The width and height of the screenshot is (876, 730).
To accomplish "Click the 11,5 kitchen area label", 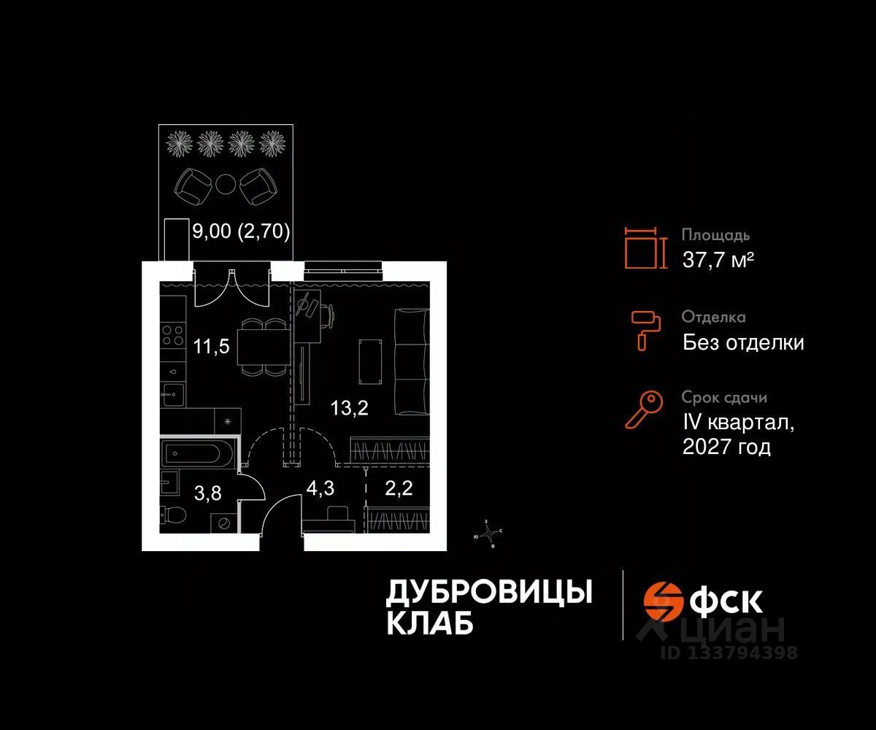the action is coord(212,346).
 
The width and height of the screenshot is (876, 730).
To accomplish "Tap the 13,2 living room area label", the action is coord(349,408).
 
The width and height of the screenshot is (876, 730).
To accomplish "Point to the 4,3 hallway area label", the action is coord(320,488).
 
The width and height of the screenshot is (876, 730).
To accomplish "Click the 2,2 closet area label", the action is coord(399,488).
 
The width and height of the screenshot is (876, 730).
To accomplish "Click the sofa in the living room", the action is coord(410,362).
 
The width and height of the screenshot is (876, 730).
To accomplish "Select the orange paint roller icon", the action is coord(645,329).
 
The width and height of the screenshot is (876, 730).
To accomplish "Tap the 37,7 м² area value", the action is coord(718,259).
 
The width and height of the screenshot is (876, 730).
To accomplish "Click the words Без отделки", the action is coord(743,342).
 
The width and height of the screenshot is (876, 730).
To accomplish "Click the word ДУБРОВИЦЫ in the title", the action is coord(488,593).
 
